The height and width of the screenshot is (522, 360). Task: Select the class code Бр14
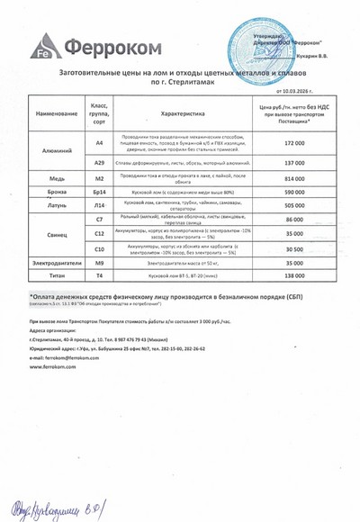tap(100, 193)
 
